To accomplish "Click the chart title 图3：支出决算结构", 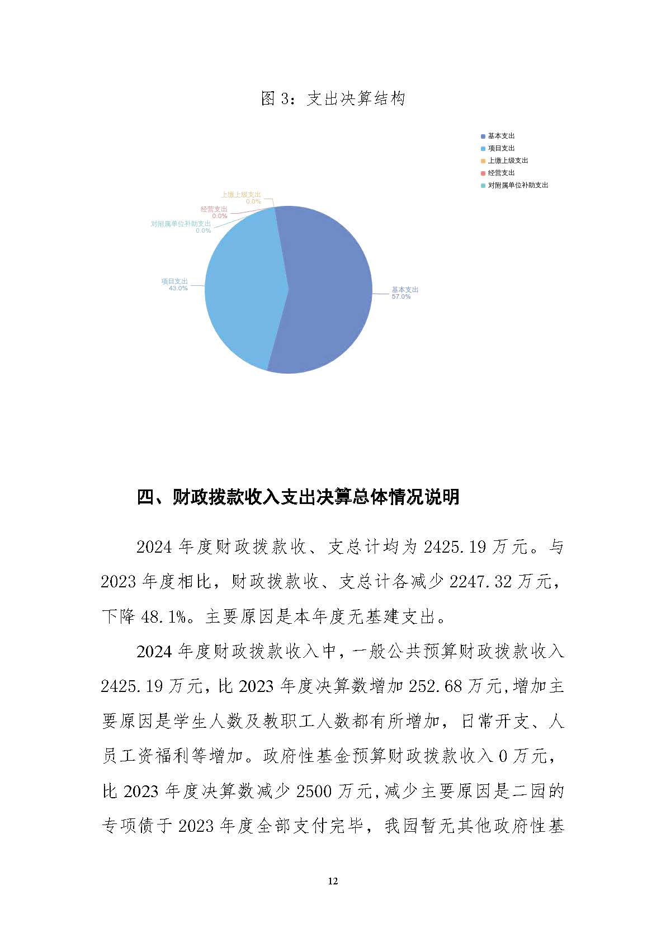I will pos(333,99).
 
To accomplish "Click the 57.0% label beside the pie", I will pos(401,297).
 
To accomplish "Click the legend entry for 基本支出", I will pos(500,136).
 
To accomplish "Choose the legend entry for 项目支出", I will pos(500,148).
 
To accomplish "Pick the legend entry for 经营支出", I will pos(500,173).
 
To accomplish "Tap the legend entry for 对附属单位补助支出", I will pos(517,185).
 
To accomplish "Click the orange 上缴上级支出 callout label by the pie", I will pos(240,195).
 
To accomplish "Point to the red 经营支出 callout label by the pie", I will pos(214,209).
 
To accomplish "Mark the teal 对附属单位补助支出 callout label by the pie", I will pos(181,224).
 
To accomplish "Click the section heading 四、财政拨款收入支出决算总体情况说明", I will pos(298,497).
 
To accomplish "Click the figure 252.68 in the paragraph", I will pos(436,686).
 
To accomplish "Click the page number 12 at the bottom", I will pos(333,882).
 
